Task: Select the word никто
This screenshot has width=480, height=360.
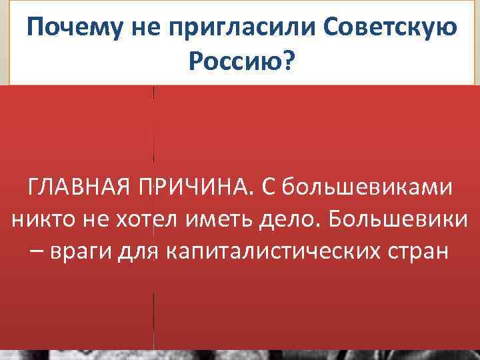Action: pos(37,221)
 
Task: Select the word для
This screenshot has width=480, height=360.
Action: pos(137,253)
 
